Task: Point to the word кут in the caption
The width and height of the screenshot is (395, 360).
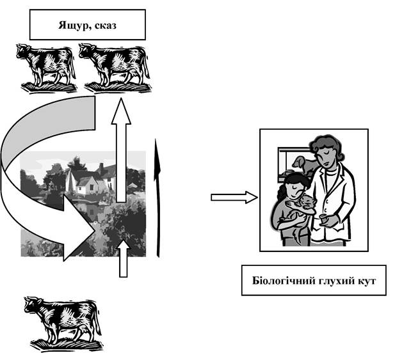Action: point(366,281)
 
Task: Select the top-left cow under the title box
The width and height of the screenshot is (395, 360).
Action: point(47,68)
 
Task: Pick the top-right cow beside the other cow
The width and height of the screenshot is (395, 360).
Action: point(115,68)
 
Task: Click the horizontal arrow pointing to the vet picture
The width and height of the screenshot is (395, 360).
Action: point(234,197)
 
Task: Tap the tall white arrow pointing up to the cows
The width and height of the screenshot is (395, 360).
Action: point(121,150)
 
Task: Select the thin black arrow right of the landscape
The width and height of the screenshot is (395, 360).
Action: point(157,198)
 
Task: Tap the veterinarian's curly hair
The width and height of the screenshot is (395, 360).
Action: point(326,148)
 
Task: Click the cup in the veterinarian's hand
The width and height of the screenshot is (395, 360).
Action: point(323,219)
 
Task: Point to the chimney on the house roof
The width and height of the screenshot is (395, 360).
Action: point(102,168)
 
